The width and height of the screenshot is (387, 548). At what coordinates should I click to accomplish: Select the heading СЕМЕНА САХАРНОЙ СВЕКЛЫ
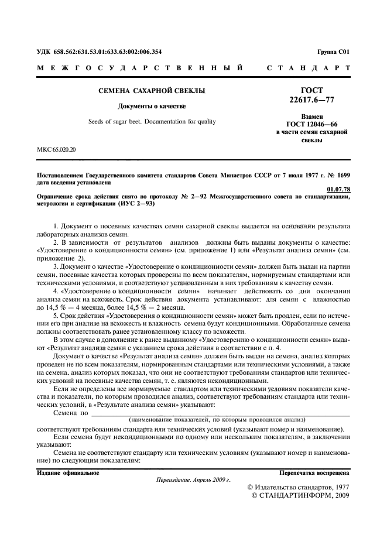(x=151, y=91)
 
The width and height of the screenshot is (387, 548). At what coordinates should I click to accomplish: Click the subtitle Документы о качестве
(x=152, y=106)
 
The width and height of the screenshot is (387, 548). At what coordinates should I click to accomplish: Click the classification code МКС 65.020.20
(x=56, y=149)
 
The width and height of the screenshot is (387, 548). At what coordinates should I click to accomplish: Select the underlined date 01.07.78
(x=338, y=189)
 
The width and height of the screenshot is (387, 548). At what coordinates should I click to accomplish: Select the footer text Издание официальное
(x=68, y=472)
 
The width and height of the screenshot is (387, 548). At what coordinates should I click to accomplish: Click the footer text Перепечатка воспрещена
(x=314, y=472)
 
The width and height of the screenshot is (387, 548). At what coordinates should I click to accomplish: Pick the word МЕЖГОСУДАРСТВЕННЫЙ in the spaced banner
(x=141, y=68)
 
